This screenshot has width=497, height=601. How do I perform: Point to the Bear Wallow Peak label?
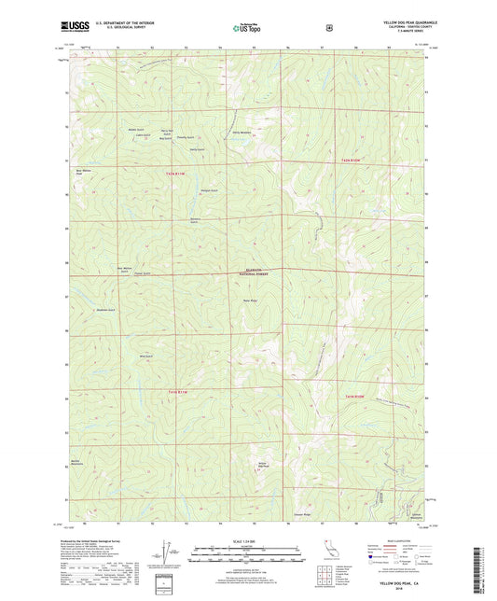pyautogui.click(x=83, y=172)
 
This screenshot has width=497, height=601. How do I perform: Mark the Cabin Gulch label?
pyautogui.click(x=141, y=134)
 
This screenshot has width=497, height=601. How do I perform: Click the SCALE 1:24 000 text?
pyautogui.click(x=248, y=544)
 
